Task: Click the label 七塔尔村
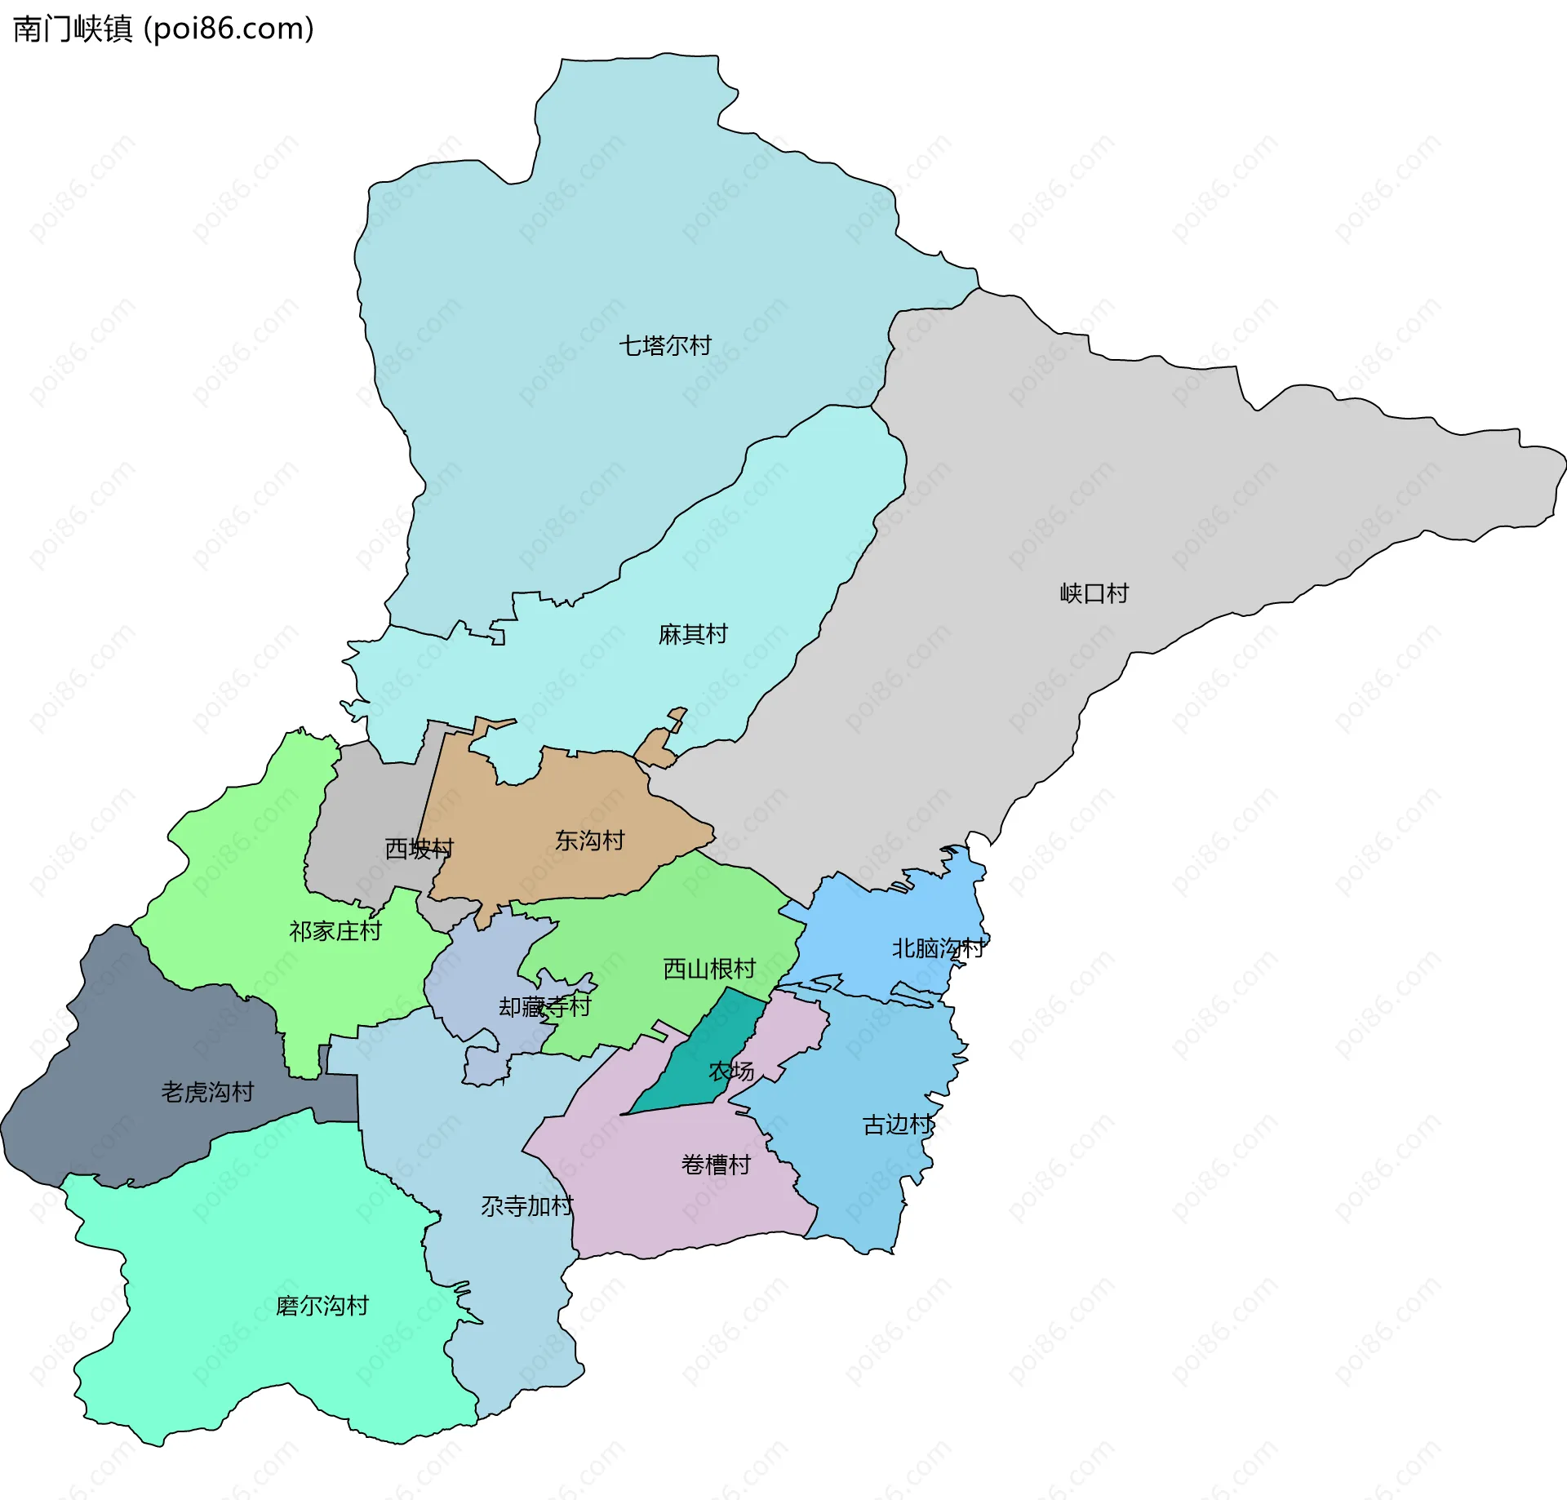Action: (664, 345)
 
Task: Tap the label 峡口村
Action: (1094, 593)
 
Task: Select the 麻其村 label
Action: (692, 634)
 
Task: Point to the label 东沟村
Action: (589, 841)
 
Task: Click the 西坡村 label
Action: (419, 849)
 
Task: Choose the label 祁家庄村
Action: (335, 931)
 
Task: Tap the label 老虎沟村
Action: (207, 1092)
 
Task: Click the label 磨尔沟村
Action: (322, 1306)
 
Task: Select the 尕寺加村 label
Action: (526, 1206)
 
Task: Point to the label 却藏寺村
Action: (544, 1007)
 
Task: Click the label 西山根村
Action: (709, 969)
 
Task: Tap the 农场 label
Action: (731, 1072)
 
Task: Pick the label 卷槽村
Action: (716, 1165)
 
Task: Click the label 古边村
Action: (897, 1125)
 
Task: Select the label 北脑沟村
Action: (938, 948)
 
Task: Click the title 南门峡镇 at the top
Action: (73, 29)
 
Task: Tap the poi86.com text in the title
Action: (229, 29)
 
